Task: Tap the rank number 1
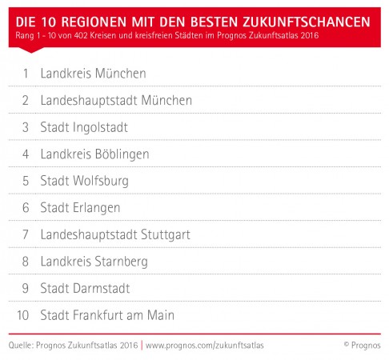(26, 74)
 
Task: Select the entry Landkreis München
(94, 74)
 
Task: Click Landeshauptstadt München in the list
(116, 100)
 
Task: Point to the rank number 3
(26, 127)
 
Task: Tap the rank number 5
(26, 181)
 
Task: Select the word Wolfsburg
(101, 182)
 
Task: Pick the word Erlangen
(96, 209)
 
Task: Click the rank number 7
(26, 234)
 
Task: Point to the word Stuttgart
(166, 235)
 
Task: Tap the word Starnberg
(121, 262)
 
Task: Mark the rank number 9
(26, 288)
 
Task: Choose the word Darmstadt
(102, 288)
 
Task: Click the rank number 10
(23, 315)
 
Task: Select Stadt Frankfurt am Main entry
(107, 315)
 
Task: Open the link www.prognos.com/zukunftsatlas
(205, 346)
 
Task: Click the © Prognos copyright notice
(363, 346)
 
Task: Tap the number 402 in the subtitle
(81, 35)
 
